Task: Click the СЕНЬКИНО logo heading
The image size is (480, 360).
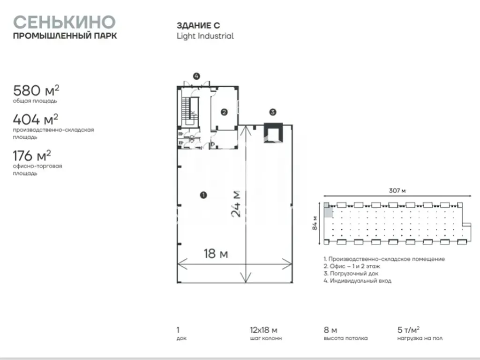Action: click(64, 22)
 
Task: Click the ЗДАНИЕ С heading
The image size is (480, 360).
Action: click(198, 25)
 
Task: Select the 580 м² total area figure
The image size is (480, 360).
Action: click(36, 90)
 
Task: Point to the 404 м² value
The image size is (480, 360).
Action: click(36, 120)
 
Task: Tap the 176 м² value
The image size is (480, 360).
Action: click(32, 156)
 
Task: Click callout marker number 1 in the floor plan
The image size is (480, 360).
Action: click(203, 195)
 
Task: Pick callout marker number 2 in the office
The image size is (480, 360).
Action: click(224, 112)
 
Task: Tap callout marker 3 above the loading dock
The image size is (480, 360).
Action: click(273, 112)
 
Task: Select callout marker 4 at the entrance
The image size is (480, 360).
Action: click(196, 76)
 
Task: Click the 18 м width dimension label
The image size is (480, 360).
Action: click(216, 254)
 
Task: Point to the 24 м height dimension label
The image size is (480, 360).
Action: click(237, 204)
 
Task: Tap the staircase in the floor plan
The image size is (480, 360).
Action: click(190, 112)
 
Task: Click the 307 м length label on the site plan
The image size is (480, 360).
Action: click(397, 190)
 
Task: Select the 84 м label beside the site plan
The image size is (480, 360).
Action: click(315, 223)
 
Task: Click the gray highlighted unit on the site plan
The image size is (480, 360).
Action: click(328, 210)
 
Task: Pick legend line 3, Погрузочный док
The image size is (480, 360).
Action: click(351, 273)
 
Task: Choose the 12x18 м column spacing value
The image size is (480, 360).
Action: click(263, 330)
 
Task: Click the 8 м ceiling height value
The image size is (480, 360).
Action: click(330, 330)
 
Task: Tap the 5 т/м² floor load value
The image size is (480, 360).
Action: click(408, 330)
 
